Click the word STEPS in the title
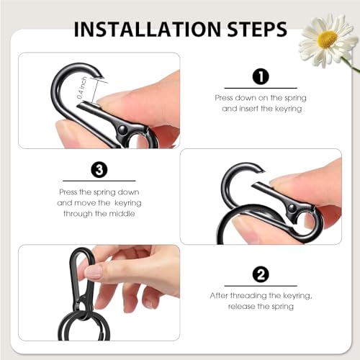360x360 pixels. [254, 30]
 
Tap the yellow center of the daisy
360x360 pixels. [328, 39]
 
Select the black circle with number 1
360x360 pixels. [259, 77]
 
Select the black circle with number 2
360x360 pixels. [259, 274]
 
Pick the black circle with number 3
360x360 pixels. [99, 171]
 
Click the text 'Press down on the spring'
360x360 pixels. [259, 96]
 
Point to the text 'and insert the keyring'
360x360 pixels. [259, 108]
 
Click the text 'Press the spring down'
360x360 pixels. [99, 192]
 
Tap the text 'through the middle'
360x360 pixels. [99, 215]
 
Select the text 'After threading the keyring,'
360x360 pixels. [259, 295]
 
